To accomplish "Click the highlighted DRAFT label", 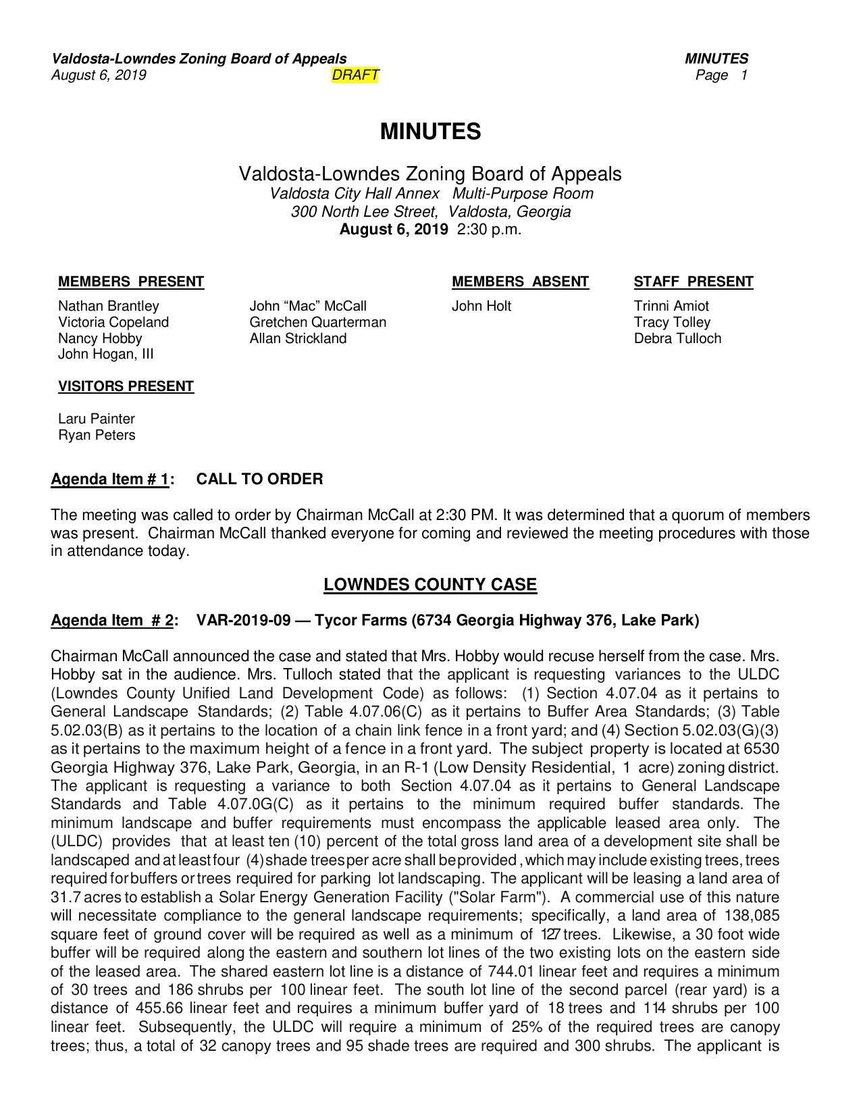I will point(355,75).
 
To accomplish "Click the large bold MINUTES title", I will point(430,131).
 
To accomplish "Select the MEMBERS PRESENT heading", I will point(131,282).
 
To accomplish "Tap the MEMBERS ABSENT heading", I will point(520,282).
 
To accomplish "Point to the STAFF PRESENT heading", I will point(693,282).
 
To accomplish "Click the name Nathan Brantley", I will point(109,306).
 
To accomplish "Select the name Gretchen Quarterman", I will point(317,322).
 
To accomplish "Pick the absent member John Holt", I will point(481,306).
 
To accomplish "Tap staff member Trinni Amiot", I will point(671,306).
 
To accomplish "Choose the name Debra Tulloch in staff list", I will point(677,338).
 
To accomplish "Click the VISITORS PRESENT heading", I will point(126,386).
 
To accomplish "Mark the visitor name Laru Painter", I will point(97,419).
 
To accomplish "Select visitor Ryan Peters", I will point(97,435).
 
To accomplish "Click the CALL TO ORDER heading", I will point(259,479).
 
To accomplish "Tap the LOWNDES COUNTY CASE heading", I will point(430,584).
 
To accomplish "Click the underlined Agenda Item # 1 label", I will point(110,479).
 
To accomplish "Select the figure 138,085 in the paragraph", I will point(752,916).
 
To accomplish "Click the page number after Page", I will point(743,75).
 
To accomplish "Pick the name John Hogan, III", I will point(106,354).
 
